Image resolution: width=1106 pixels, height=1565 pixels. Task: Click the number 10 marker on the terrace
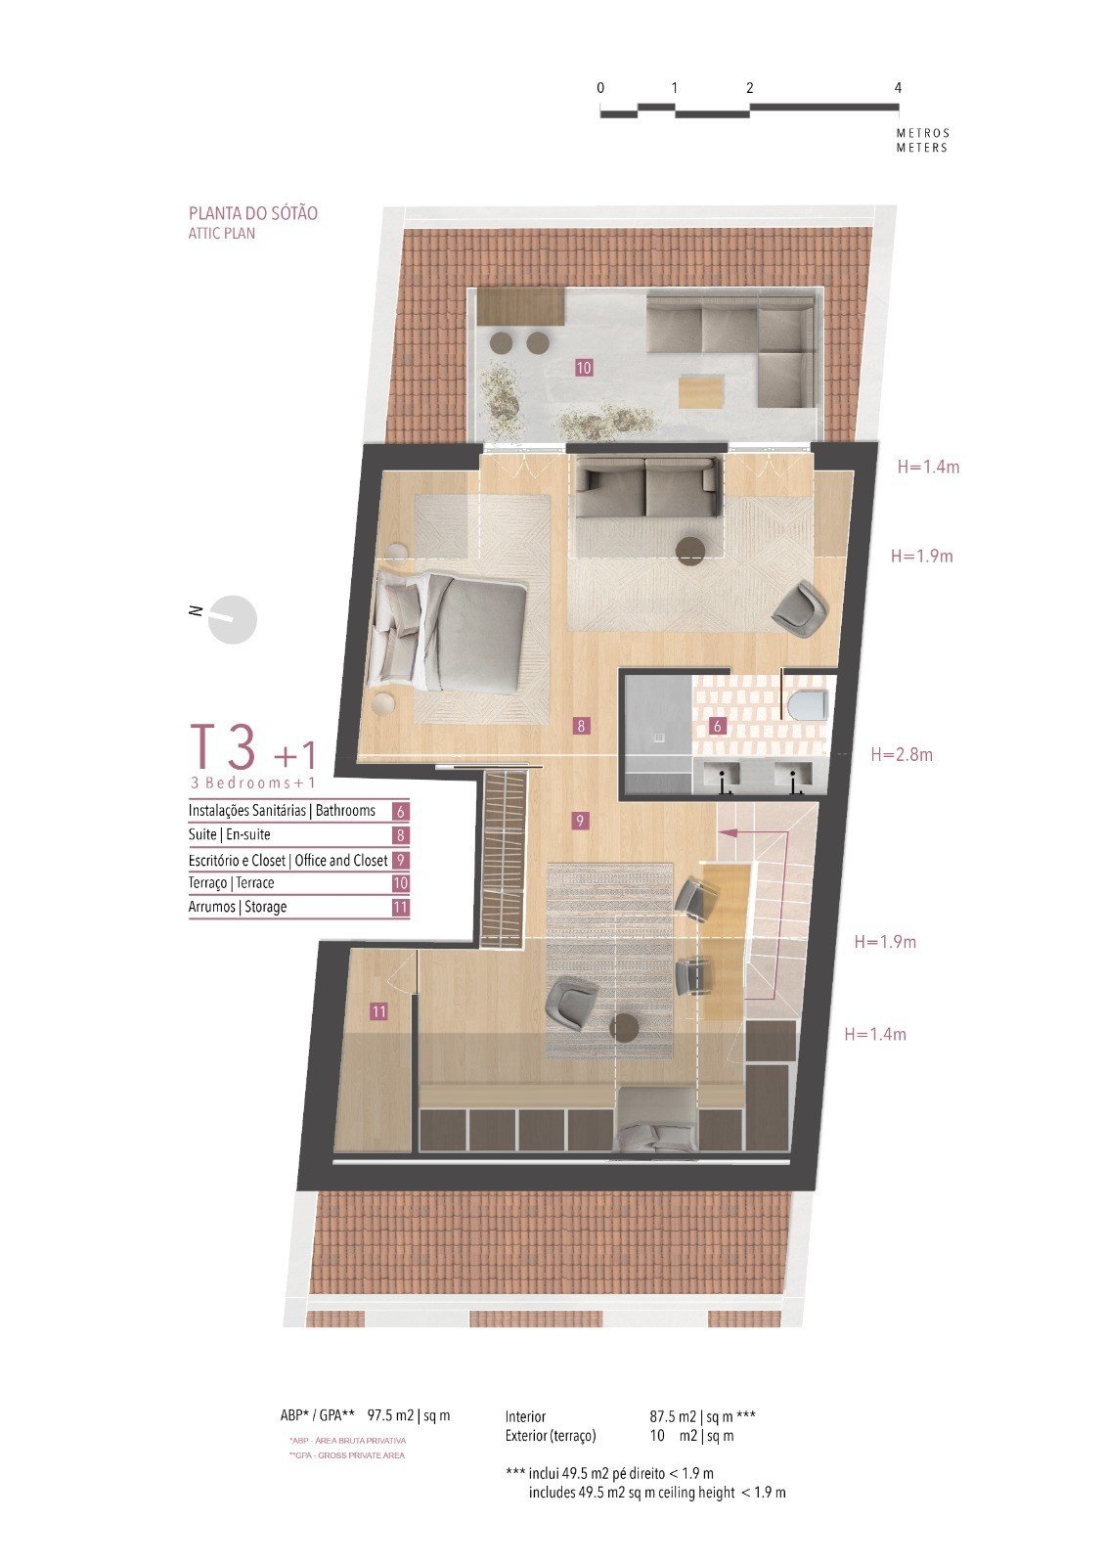coord(584,367)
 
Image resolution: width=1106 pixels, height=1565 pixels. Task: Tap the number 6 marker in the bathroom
coord(717,726)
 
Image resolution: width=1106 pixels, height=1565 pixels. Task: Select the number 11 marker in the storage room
coord(378,1011)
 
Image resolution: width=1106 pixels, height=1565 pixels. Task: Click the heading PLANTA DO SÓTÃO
coord(253,213)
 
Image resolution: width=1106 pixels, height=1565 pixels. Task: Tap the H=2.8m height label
coord(902,754)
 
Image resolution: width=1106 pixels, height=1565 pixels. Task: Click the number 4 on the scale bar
coord(898,88)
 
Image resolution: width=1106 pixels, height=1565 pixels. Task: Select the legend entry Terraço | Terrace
coord(231,882)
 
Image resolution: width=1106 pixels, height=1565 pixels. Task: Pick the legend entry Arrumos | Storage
coord(238,907)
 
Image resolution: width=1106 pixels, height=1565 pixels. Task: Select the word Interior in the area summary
coord(525,1417)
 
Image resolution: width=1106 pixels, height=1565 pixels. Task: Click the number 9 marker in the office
coord(580,821)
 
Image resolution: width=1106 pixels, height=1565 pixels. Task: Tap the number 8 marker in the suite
coord(581,726)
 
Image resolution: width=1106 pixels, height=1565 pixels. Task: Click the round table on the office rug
coord(623,1028)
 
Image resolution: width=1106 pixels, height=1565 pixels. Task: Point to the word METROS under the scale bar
coord(923,133)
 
